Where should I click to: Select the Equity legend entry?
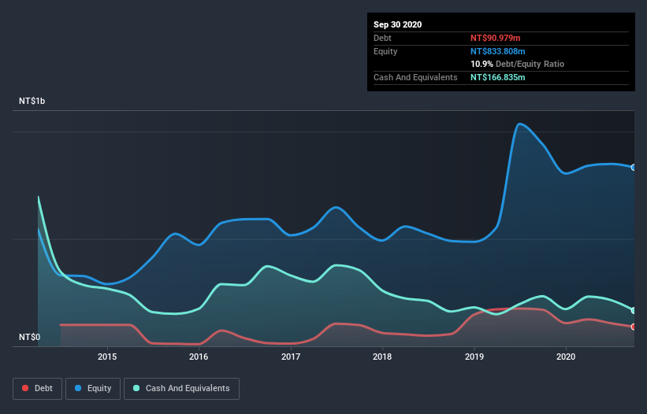click(93, 388)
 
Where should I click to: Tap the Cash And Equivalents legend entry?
click(181, 388)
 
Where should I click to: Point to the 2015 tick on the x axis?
click(107, 357)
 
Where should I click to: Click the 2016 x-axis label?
click(199, 357)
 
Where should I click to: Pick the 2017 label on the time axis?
click(291, 357)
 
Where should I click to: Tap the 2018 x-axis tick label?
click(382, 357)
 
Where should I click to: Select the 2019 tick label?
click(474, 357)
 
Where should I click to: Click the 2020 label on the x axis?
click(566, 357)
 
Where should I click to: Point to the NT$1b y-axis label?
click(33, 102)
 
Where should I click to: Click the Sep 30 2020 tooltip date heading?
click(397, 24)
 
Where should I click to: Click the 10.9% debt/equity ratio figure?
click(482, 64)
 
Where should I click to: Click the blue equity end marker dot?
click(634, 167)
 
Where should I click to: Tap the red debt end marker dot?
click(634, 327)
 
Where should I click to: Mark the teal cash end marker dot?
click(634, 310)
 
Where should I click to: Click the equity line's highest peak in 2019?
click(519, 124)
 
